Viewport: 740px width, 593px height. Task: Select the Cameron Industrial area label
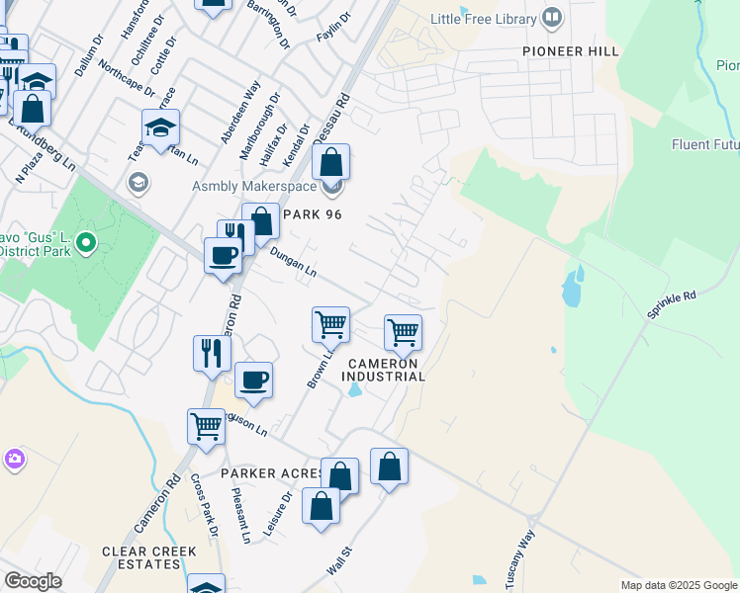click(385, 370)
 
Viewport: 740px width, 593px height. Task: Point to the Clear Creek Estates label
click(148, 557)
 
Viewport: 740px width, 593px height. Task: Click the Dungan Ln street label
click(293, 261)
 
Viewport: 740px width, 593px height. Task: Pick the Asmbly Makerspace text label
click(254, 187)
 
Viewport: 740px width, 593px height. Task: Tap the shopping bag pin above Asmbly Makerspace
click(332, 162)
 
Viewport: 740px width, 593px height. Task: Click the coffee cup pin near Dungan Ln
click(222, 256)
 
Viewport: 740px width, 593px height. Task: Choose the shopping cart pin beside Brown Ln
click(330, 324)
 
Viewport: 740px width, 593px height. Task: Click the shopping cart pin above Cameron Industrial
click(403, 332)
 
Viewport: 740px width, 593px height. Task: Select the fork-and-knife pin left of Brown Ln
click(211, 353)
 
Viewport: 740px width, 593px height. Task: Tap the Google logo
click(33, 581)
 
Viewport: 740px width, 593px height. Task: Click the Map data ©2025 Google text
click(678, 585)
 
